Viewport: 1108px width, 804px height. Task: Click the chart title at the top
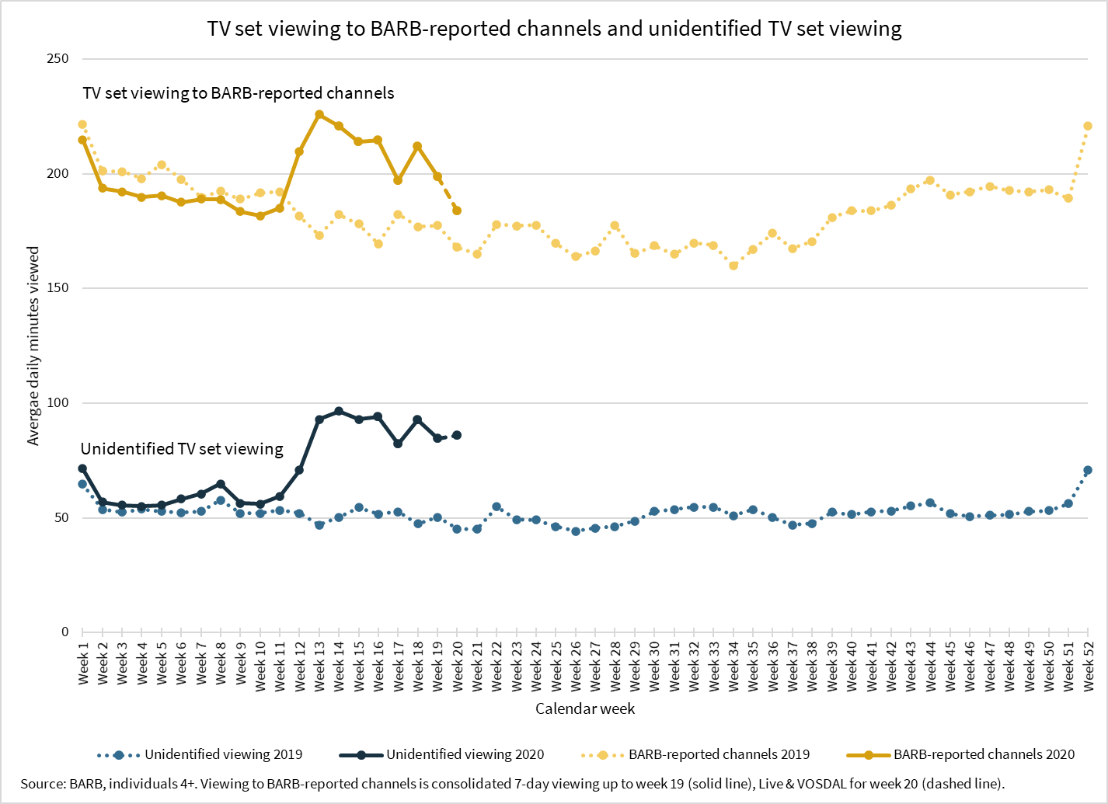(x=554, y=29)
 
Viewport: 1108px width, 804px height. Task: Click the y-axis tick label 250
(x=58, y=59)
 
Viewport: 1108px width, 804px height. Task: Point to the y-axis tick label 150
(x=58, y=288)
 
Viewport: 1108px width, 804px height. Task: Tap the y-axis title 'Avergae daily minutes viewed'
(x=33, y=346)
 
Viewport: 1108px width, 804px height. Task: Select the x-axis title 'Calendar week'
(x=585, y=708)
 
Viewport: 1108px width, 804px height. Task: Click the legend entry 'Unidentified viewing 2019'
(x=223, y=754)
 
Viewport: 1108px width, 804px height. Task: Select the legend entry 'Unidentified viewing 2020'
(x=465, y=754)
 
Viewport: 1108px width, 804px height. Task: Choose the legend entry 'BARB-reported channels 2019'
(x=719, y=754)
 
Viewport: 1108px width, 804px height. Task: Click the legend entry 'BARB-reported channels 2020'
(x=984, y=754)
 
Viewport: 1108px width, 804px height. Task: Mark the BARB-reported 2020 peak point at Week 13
(x=319, y=114)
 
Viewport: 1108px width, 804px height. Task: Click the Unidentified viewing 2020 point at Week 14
(x=339, y=411)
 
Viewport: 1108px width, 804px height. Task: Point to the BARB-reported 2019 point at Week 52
(x=1088, y=126)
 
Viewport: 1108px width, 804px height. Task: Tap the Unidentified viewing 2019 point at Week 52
(x=1088, y=470)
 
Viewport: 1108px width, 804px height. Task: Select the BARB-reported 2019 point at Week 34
(x=733, y=266)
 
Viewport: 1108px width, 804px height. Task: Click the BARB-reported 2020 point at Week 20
(x=457, y=211)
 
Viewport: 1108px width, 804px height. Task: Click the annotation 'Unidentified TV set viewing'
(x=182, y=449)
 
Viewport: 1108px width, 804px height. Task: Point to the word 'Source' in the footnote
(x=43, y=783)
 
